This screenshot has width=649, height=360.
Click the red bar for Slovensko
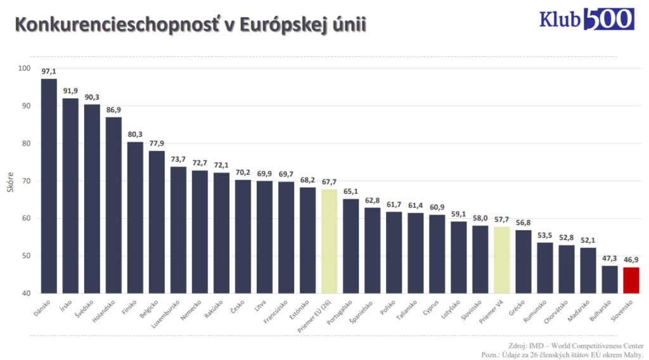point(632,280)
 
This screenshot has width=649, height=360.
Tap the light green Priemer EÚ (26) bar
point(329,241)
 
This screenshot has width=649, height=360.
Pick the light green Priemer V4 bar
point(502,260)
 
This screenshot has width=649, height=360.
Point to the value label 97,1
point(49,72)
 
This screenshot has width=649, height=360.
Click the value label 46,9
point(632,260)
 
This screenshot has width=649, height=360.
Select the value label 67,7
point(329,183)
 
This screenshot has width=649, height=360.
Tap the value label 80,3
point(135,135)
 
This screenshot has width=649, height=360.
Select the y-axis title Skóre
point(10,181)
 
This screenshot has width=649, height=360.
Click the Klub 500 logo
point(586,19)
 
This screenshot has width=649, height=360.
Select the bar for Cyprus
point(437,254)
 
